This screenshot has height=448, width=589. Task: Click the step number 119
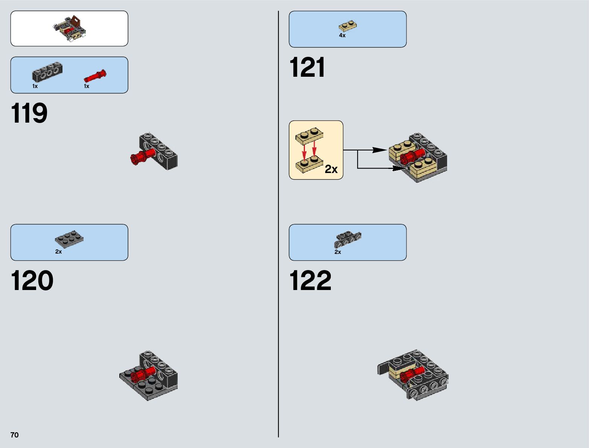point(29,113)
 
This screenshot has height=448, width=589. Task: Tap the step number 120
point(32,281)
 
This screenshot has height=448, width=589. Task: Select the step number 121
point(307,68)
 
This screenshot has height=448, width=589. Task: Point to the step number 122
point(310,281)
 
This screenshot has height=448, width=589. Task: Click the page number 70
point(14,435)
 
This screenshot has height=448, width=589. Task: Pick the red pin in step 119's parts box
point(95,76)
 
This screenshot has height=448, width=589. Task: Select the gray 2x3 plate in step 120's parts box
point(69,239)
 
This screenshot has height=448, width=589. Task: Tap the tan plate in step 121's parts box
point(348,26)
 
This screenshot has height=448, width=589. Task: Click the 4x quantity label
point(342,35)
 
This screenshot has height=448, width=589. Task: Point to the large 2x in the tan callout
point(331,169)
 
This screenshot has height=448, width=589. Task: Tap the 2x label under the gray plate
point(58,252)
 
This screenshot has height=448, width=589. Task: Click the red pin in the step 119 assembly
point(142,156)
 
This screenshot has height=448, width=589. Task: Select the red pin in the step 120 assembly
point(143,374)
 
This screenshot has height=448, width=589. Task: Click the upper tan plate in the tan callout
point(309,136)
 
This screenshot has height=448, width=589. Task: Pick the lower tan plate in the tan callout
point(309,164)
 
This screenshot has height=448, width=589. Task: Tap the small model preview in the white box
point(69,28)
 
